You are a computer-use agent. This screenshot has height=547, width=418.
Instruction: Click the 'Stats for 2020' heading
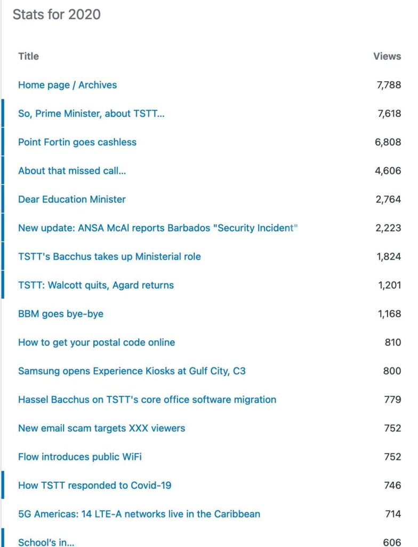point(57,14)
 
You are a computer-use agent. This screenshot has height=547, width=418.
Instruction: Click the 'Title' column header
point(28,56)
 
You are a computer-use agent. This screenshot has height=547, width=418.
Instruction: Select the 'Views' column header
point(387,56)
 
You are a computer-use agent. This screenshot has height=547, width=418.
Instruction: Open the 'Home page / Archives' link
point(67,85)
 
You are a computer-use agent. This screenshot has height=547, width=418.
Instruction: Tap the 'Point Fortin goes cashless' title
point(77,142)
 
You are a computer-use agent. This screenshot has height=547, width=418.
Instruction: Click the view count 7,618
point(389,113)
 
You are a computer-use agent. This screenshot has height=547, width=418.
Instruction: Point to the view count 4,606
point(389,171)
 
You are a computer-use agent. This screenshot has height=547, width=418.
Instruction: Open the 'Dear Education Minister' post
point(72,199)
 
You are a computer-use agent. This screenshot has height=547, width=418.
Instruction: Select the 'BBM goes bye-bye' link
point(61,314)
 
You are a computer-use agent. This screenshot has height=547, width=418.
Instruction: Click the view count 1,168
point(390,314)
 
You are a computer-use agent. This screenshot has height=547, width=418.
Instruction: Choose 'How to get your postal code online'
point(97,342)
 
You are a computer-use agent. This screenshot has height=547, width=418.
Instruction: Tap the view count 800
point(392,371)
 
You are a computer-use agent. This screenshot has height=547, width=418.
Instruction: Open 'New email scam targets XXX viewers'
point(102,428)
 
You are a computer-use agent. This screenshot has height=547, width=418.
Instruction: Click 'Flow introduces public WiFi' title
point(80,457)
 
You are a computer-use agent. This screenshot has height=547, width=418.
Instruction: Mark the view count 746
point(392,486)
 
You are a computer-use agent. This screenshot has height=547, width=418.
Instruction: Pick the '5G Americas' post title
point(139,514)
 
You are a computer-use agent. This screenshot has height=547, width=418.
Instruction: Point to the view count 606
point(392,542)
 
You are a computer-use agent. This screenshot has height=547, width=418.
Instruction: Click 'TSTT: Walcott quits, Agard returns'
point(96,285)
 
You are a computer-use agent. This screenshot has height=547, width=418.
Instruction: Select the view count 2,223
point(388,228)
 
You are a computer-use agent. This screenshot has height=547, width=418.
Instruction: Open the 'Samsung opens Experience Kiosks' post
point(132,371)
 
